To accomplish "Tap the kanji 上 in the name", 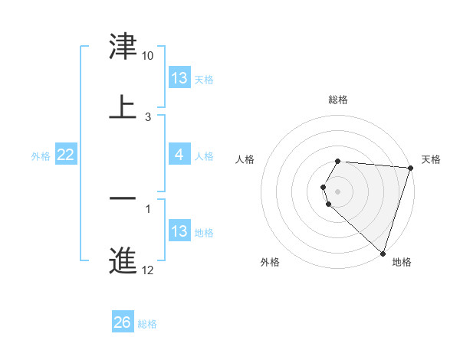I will [123, 106].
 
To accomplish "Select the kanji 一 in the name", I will [123, 198].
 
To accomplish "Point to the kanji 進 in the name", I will [123, 259].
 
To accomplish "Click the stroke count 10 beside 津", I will [148, 56].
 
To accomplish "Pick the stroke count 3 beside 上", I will [148, 116].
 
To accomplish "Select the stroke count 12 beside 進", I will [148, 269].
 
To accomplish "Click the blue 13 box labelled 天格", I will [179, 78].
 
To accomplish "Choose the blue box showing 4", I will [179, 155].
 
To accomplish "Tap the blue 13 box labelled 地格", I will [179, 231].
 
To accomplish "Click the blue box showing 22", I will [66, 155].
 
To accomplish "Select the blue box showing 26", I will [123, 322].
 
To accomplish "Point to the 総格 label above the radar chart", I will [338, 100].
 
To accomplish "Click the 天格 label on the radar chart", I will [432, 159].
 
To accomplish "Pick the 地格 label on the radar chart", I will [402, 263].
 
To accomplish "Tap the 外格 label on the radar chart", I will [270, 263].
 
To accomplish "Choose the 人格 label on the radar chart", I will [245, 159].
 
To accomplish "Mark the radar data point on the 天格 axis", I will [410, 168].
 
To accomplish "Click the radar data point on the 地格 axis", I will [383, 253].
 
